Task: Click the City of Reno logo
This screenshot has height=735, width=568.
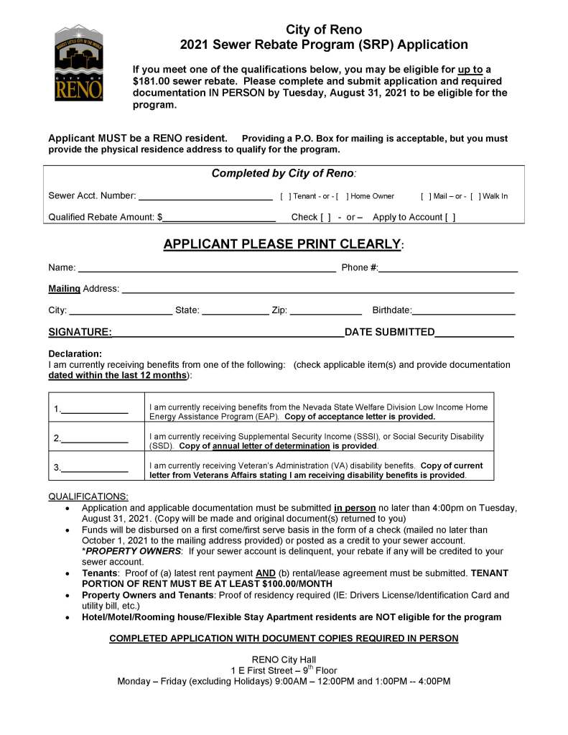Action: (79, 63)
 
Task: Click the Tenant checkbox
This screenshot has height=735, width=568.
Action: (285, 196)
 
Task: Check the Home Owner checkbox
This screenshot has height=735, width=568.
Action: (340, 196)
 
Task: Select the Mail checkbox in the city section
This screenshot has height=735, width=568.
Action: (426, 196)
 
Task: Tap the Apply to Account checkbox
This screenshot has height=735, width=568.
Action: (450, 217)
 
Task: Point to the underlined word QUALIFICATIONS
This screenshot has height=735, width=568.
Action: (88, 496)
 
